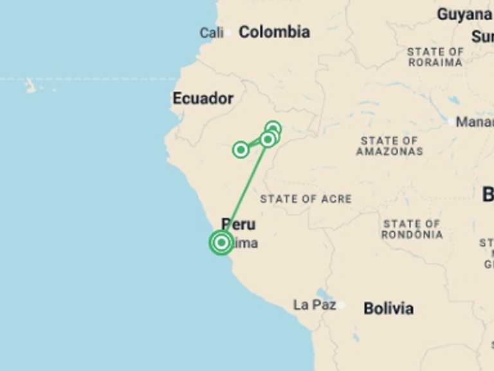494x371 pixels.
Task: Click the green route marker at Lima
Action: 221,243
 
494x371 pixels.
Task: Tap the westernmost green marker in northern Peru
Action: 241,149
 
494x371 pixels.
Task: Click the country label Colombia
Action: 274,32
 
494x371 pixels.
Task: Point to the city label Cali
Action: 211,32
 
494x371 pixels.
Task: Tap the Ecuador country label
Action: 203,99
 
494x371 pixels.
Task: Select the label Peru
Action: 239,224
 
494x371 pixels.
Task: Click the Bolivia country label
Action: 389,309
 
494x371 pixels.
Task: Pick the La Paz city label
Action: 314,305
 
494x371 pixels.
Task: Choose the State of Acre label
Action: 306,199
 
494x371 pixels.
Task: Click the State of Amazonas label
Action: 389,146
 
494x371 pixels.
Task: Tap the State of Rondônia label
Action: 412,229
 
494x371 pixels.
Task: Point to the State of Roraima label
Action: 435,57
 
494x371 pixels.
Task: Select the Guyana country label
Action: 464,14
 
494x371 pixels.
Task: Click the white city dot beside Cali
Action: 228,32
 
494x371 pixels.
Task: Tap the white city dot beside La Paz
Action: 341,305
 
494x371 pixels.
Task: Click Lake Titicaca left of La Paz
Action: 323,295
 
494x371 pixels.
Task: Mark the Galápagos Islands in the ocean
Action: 30,85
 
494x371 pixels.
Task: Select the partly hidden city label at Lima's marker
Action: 246,243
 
